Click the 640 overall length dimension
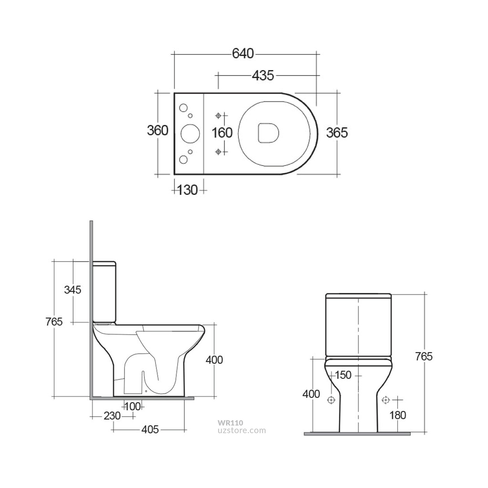coord(243,54)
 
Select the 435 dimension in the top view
coord(263,75)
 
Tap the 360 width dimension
coord(157,131)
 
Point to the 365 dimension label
coord(337,132)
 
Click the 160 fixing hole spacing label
coord(222,132)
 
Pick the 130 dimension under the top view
coord(187,190)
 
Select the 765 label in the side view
coord(54,322)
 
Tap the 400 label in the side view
coord(214,360)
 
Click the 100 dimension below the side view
coord(132,407)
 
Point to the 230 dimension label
coord(112,416)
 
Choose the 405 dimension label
coord(150,430)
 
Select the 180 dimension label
coord(397,415)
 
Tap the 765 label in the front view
coord(424,356)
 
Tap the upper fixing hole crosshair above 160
coord(219,115)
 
